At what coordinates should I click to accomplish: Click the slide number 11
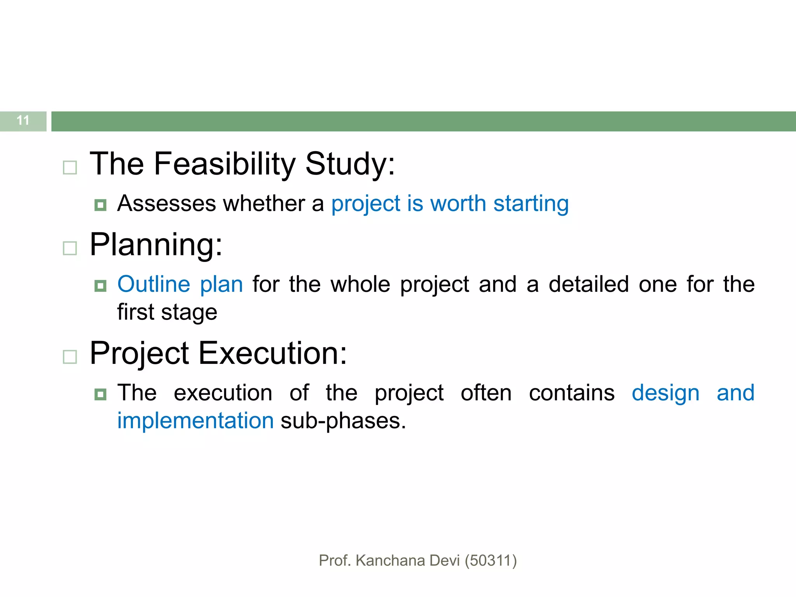click(23, 120)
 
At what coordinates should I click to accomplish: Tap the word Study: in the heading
click(350, 164)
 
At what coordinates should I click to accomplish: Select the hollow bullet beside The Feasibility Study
click(70, 168)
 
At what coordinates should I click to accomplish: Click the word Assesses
click(166, 204)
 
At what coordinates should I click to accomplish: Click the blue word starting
click(531, 204)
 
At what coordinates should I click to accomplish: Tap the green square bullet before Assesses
click(100, 205)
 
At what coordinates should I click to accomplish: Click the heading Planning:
click(156, 245)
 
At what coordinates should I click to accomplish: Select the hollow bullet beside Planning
click(70, 248)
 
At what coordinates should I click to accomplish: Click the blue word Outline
click(154, 284)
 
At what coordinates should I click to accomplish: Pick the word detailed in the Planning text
click(588, 284)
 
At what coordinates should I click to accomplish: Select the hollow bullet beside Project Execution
click(70, 356)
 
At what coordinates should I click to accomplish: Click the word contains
click(572, 393)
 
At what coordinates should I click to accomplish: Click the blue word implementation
click(196, 421)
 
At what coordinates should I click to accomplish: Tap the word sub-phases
click(343, 421)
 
